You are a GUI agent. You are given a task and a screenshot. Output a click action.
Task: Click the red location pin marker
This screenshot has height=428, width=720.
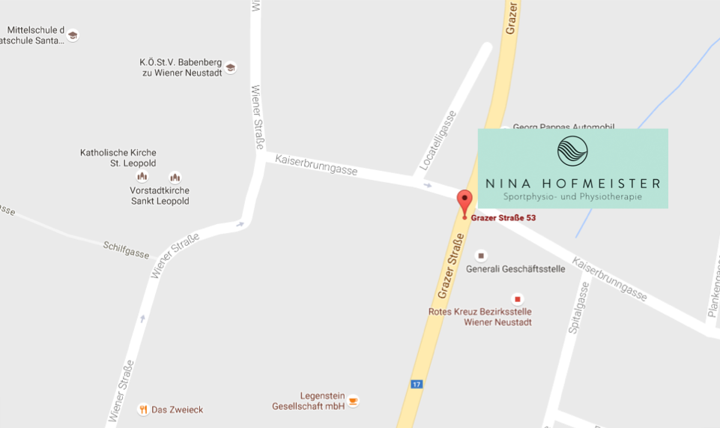click(x=465, y=202)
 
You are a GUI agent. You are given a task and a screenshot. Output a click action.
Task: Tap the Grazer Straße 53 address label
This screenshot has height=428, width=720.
click(x=503, y=218)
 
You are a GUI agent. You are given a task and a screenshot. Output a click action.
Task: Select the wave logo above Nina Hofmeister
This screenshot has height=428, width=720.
click(x=572, y=151)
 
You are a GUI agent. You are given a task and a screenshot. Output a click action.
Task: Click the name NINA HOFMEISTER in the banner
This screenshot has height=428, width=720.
click(x=573, y=184)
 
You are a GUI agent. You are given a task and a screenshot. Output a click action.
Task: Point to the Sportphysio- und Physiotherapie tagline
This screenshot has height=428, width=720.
click(x=573, y=197)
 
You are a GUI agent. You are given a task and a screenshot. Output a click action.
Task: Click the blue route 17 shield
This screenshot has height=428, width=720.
click(x=417, y=385)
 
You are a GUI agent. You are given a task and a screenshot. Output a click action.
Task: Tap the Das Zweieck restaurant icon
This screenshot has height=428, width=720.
click(x=142, y=409)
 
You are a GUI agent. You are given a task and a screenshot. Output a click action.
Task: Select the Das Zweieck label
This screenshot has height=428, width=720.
click(x=177, y=410)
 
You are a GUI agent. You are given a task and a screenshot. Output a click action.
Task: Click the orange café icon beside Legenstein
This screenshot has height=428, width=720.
click(x=353, y=400)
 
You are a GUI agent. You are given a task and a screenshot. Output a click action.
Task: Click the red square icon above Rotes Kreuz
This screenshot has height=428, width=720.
click(x=516, y=299)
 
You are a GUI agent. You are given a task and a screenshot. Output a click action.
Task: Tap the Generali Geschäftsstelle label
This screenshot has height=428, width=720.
click(x=515, y=269)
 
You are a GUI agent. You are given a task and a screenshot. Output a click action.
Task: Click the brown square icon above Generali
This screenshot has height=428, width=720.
click(x=481, y=256)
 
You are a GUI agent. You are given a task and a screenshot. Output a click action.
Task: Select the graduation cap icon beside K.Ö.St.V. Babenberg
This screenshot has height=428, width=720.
click(x=231, y=67)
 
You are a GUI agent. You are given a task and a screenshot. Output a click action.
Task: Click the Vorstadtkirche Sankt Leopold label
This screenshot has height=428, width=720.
click(x=160, y=196)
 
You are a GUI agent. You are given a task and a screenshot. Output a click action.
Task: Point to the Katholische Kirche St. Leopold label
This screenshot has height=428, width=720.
click(x=118, y=158)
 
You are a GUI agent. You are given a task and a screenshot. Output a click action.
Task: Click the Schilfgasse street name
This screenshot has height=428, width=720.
click(x=126, y=250)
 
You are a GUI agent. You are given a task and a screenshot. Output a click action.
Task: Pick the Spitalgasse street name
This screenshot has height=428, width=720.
click(x=575, y=307)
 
